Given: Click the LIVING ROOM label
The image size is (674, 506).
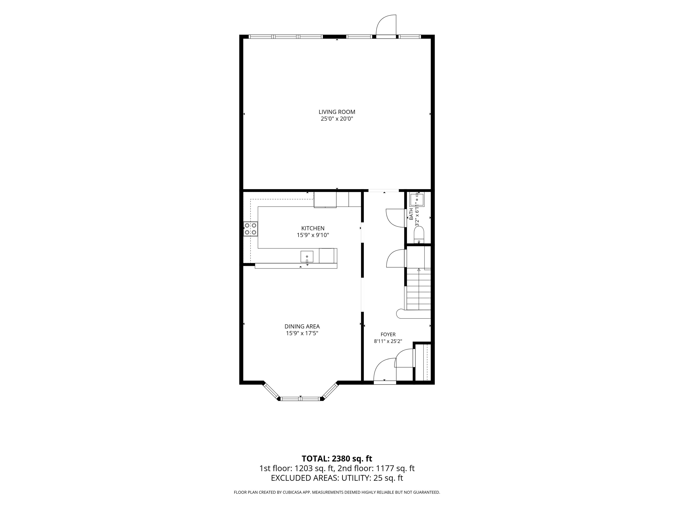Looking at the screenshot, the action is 337,112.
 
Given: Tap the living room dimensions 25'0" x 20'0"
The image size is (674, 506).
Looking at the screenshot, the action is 337,119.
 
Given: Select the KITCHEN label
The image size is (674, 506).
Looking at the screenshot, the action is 313,228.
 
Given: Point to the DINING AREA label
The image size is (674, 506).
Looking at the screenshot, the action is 302,326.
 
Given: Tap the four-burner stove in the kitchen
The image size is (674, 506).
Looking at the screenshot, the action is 251,229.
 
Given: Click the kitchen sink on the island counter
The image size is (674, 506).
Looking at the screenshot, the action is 307,257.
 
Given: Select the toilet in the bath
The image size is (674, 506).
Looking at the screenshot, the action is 419,235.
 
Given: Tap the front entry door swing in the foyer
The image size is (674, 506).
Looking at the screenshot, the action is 385,370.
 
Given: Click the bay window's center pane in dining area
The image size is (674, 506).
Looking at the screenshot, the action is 300,398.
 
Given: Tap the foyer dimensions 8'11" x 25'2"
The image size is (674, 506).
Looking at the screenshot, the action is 388,341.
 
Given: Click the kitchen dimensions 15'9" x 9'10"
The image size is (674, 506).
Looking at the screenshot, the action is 313,235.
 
